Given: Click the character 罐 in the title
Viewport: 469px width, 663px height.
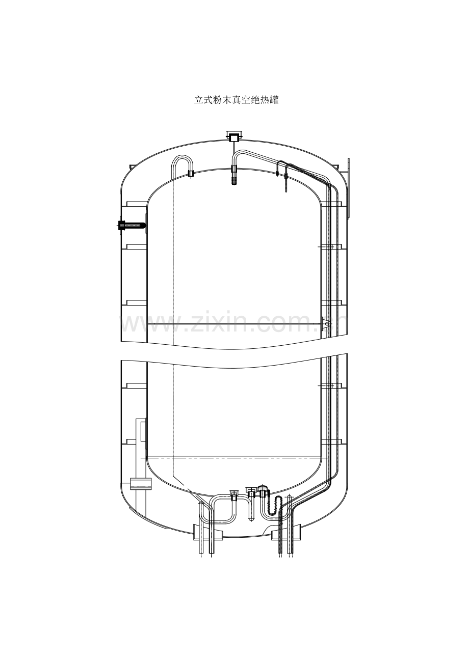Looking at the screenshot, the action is pos(274,100).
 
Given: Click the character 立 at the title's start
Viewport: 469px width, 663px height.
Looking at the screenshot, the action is pos(199,100).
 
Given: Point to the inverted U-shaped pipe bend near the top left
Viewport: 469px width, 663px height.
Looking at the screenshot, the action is pos(183,156).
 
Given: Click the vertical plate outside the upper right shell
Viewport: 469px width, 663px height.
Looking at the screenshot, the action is pos(349,188).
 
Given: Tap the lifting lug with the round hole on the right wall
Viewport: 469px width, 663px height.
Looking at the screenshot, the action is pos(326,324).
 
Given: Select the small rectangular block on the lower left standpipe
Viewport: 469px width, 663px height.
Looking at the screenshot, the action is pos(141,483).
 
